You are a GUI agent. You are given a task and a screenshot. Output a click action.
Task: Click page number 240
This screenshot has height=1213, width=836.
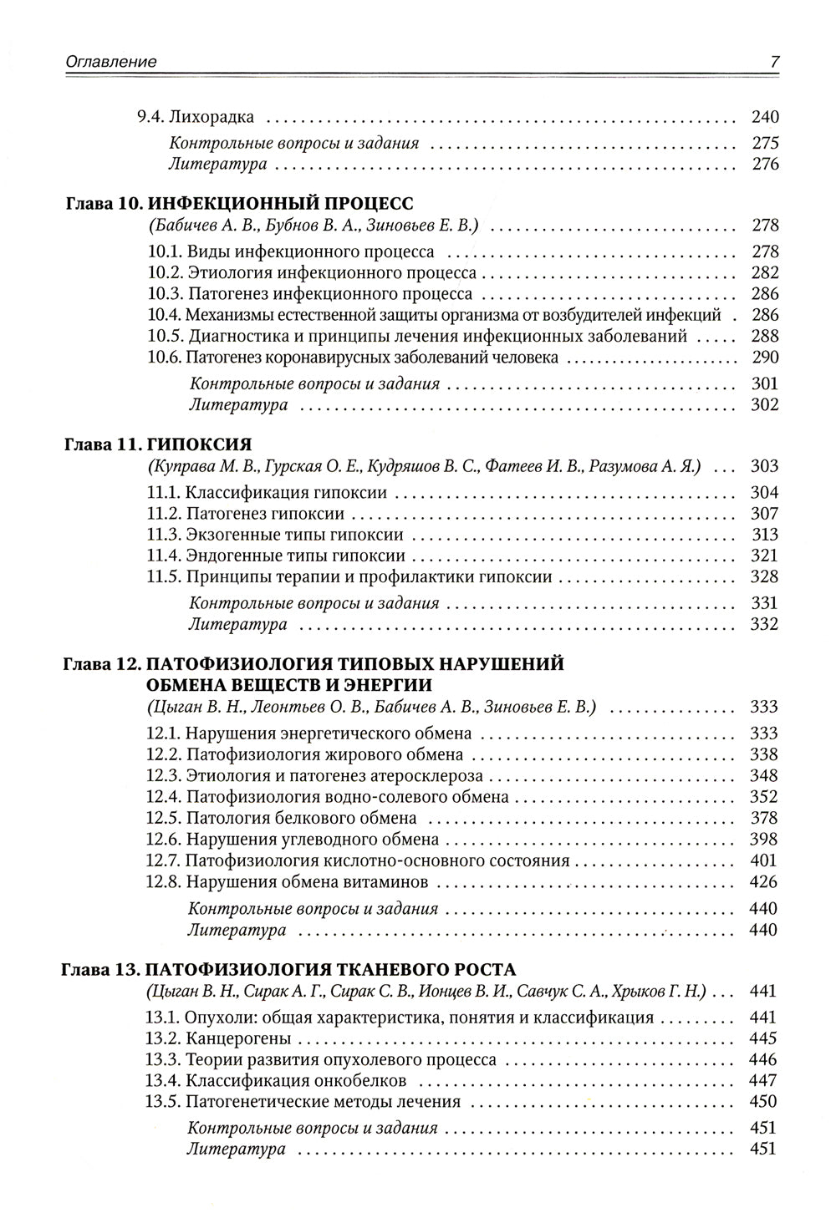pos(764,118)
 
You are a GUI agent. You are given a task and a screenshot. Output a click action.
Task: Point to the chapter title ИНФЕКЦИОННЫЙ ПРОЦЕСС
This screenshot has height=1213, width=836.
pos(280,204)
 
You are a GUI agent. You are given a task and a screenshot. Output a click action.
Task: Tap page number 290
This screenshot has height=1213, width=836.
pos(764,358)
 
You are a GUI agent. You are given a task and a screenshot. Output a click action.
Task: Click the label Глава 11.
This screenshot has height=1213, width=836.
pos(100,444)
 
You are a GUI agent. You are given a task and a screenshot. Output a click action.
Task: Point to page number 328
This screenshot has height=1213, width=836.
pos(764,576)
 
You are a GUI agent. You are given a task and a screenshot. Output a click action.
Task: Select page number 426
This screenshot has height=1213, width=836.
pos(764,881)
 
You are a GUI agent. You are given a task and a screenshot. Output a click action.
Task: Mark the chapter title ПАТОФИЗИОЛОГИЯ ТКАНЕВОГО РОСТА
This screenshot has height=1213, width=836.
pos(330,970)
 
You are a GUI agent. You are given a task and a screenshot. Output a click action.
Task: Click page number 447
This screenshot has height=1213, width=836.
pos(764,1080)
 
